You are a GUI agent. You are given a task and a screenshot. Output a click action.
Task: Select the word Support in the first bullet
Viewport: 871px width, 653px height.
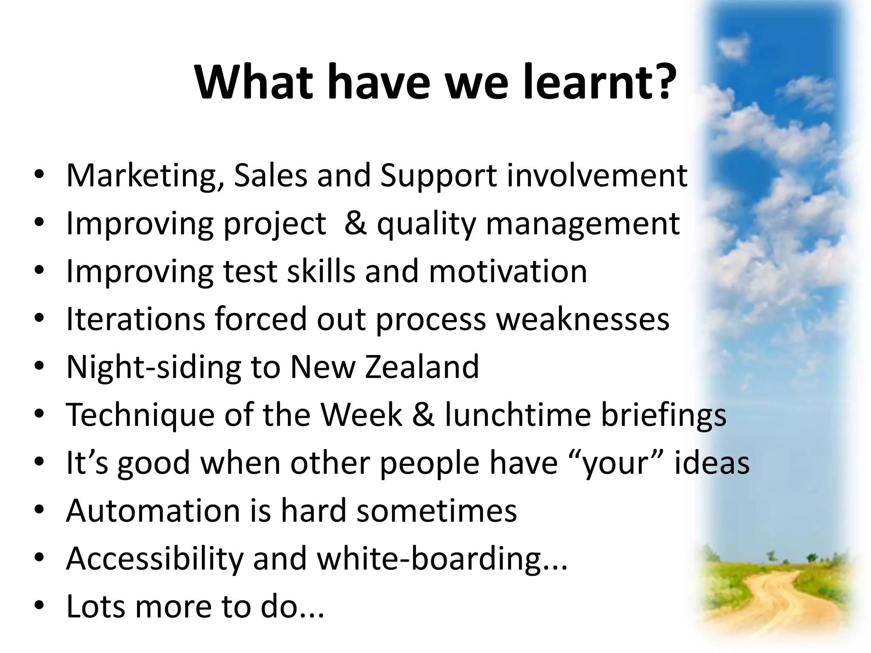[438, 176]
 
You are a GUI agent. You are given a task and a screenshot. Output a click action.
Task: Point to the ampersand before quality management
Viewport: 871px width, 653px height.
[356, 223]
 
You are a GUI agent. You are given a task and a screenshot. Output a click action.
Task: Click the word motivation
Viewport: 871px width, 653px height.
[508, 271]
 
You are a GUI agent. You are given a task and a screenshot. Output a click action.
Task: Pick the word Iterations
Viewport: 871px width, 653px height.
[135, 319]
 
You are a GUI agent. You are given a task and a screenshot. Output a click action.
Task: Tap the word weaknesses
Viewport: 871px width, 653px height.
[583, 319]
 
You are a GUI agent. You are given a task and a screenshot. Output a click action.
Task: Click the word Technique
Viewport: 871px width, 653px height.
[140, 415]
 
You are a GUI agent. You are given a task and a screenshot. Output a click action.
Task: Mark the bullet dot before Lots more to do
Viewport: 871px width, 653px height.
[39, 607]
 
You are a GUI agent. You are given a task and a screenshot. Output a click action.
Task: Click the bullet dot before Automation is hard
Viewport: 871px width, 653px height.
[39, 511]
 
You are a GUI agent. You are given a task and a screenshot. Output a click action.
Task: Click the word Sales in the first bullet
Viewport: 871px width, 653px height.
[270, 176]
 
